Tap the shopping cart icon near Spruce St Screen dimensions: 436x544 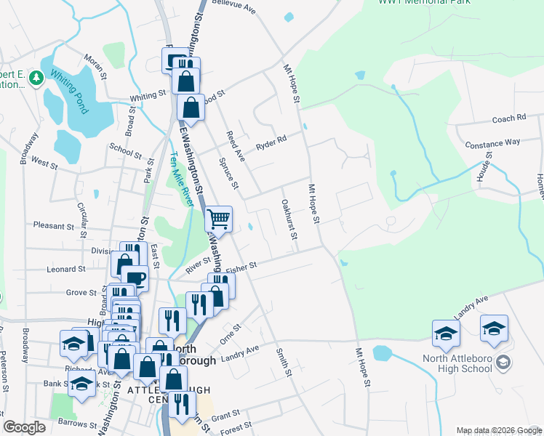[x=219, y=218]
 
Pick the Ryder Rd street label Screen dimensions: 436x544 [x=271, y=143]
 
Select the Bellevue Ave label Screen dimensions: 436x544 [x=234, y=7]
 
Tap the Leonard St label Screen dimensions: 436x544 [x=65, y=269]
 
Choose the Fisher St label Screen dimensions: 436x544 [x=242, y=269]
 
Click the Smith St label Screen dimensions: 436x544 [x=283, y=363]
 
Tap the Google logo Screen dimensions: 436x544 [x=25, y=427]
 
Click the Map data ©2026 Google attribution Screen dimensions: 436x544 [x=499, y=430]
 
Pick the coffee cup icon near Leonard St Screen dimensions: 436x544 [x=135, y=278]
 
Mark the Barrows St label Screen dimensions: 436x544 [x=79, y=424]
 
